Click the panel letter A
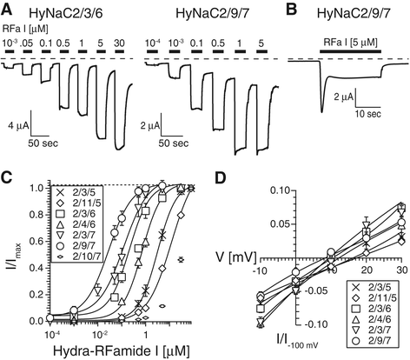tap(9, 10)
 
